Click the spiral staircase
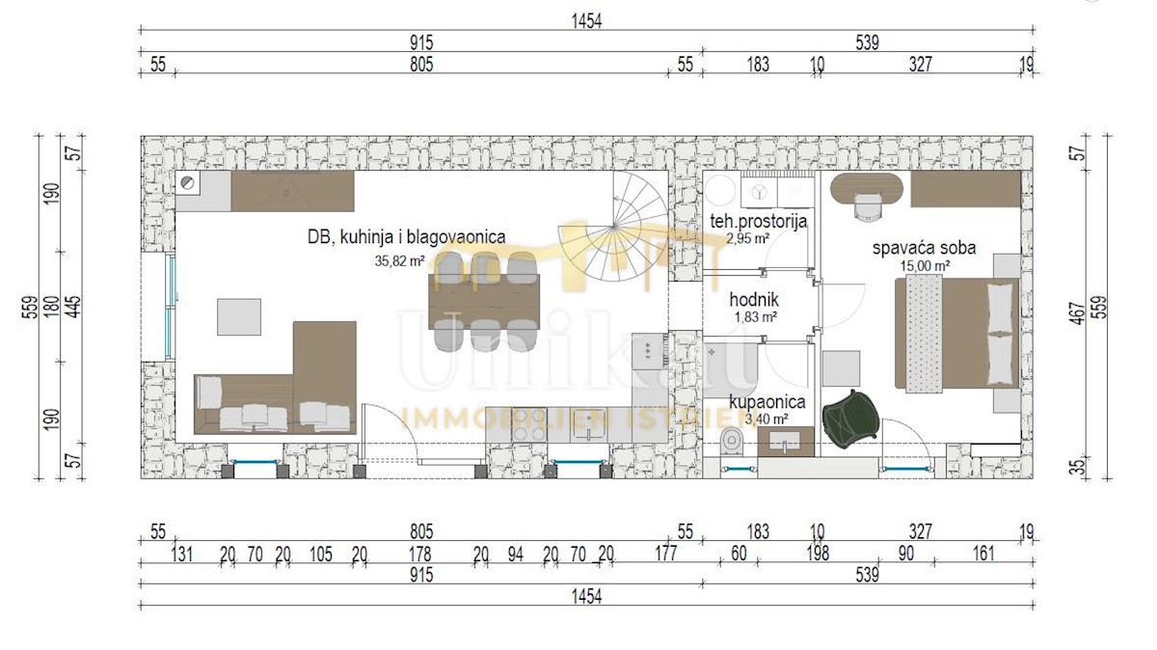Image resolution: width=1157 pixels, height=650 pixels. pyautogui.click(x=614, y=227)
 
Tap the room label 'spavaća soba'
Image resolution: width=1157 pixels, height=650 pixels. pyautogui.click(x=924, y=248)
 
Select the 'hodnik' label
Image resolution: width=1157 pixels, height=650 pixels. pyautogui.click(x=754, y=299)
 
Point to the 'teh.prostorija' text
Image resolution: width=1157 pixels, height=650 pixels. pyautogui.click(x=758, y=222)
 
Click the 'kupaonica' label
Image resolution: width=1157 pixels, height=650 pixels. pyautogui.click(x=767, y=401)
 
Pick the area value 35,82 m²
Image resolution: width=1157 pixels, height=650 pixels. pyautogui.click(x=400, y=261)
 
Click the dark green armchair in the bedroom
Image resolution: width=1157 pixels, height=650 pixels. pyautogui.click(x=849, y=417)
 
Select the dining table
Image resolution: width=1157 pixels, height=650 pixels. pyautogui.click(x=484, y=302)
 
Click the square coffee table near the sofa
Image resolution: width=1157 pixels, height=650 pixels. pyautogui.click(x=239, y=316)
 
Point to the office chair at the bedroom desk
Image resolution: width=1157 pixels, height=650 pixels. pyautogui.click(x=868, y=206)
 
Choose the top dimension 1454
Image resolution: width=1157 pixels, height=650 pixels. pyautogui.click(x=587, y=22)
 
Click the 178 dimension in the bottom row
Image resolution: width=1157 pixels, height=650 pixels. pyautogui.click(x=420, y=555)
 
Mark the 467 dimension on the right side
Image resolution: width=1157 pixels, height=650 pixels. pyautogui.click(x=1079, y=313)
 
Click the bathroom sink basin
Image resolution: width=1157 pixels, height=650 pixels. pyautogui.click(x=785, y=442)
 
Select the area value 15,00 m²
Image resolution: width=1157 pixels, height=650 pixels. pyautogui.click(x=925, y=266)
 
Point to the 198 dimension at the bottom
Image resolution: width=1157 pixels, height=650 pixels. pyautogui.click(x=818, y=554)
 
